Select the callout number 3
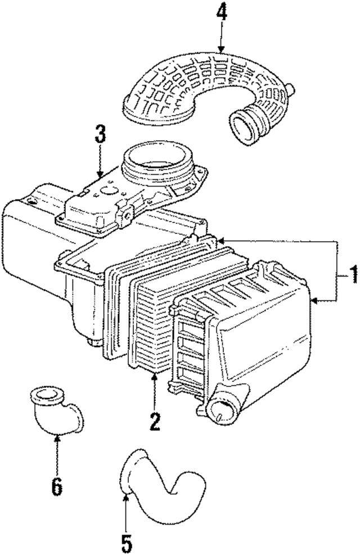click(100, 135)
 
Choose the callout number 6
click(56, 485)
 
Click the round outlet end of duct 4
click(244, 127)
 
